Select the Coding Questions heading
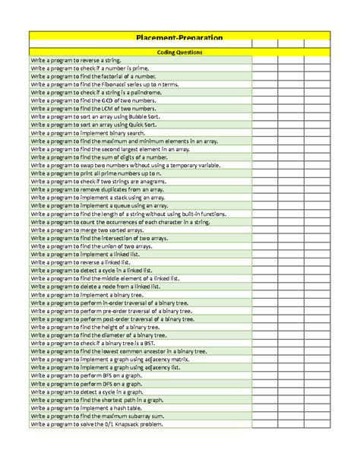[x=179, y=52]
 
